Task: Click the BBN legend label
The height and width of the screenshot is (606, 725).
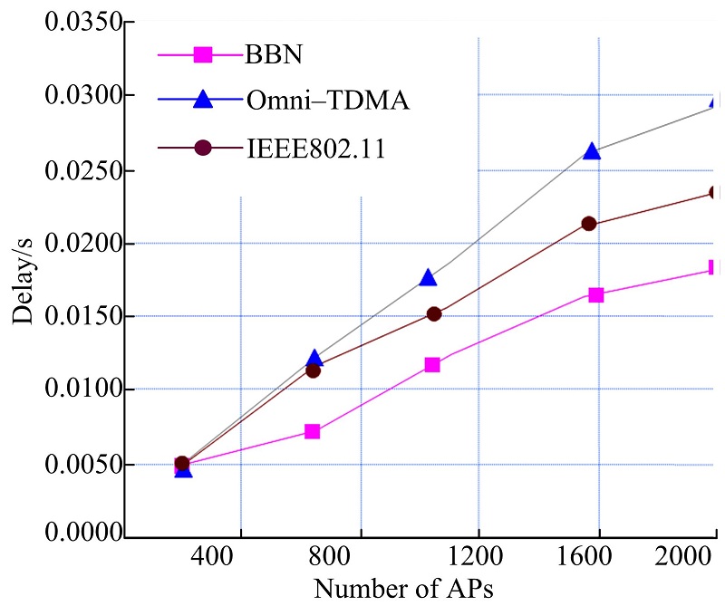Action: pyautogui.click(x=273, y=54)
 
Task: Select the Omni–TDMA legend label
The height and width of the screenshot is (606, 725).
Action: pyautogui.click(x=327, y=101)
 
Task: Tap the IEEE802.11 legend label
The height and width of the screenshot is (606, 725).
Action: pyautogui.click(x=315, y=149)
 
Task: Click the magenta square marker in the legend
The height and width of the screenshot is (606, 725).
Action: pyautogui.click(x=204, y=55)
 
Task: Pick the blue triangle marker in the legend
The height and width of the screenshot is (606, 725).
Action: pyautogui.click(x=204, y=100)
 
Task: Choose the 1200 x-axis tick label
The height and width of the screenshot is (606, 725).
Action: pyautogui.click(x=477, y=555)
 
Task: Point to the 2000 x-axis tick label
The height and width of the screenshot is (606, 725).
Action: pyautogui.click(x=686, y=555)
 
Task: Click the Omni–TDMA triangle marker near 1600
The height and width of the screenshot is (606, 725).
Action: pyautogui.click(x=592, y=151)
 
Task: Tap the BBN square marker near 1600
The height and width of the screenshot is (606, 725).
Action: pyautogui.click(x=595, y=295)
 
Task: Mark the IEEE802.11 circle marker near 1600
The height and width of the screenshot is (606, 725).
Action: pyautogui.click(x=588, y=224)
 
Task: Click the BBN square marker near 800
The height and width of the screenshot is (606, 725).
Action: pyautogui.click(x=312, y=431)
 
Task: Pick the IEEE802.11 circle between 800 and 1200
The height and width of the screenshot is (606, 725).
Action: pyautogui.click(x=433, y=313)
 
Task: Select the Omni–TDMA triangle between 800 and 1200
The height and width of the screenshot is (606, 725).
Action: pyautogui.click(x=429, y=277)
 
